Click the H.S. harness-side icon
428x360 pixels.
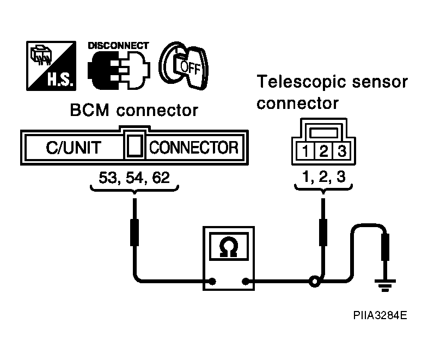coord(51,66)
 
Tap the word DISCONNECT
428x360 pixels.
coord(119,46)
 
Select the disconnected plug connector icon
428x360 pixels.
coord(119,70)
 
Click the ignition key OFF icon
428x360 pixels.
coord(184,66)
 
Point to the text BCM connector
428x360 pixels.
coord(134,110)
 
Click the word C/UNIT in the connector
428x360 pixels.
coord(74,148)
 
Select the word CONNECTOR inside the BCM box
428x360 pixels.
coord(194,148)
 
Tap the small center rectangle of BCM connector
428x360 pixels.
coord(135,146)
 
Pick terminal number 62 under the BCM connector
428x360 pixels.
coord(161,178)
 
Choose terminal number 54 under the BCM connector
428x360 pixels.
coord(134,178)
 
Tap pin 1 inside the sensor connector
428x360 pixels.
coord(305,151)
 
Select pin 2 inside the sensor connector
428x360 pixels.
coord(324,151)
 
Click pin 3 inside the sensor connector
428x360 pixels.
coord(342,151)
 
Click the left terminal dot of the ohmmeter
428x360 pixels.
coord(212,281)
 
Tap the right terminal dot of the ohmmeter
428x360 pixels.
coord(246,281)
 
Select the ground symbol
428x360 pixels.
coord(385,285)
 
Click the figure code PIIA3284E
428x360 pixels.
coord(380,315)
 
